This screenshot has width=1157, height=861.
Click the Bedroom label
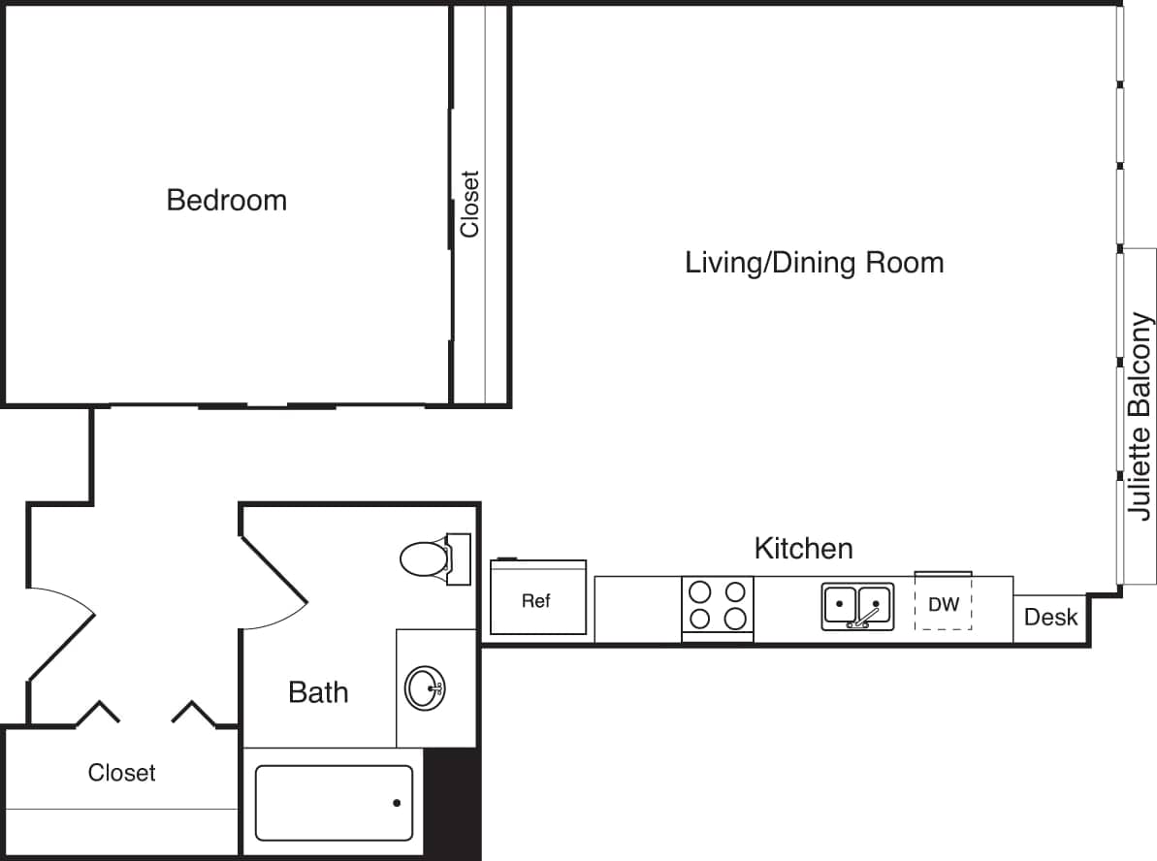pyautogui.click(x=227, y=201)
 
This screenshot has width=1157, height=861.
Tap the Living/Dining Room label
pyautogui.click(x=814, y=263)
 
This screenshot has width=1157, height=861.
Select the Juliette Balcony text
pyautogui.click(x=1141, y=417)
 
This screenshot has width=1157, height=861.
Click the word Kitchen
pyautogui.click(x=803, y=549)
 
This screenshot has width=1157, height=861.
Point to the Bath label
pyautogui.click(x=318, y=692)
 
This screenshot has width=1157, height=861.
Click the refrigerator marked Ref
pyautogui.click(x=537, y=599)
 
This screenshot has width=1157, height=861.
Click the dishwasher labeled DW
pyautogui.click(x=943, y=604)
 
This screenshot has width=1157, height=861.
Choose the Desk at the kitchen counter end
pyautogui.click(x=1050, y=618)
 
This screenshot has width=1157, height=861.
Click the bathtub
pyautogui.click(x=333, y=803)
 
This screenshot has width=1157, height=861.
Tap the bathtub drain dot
pyautogui.click(x=396, y=803)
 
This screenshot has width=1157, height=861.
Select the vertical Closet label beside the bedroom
pyautogui.click(x=470, y=204)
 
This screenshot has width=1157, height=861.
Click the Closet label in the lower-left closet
pyautogui.click(x=121, y=773)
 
